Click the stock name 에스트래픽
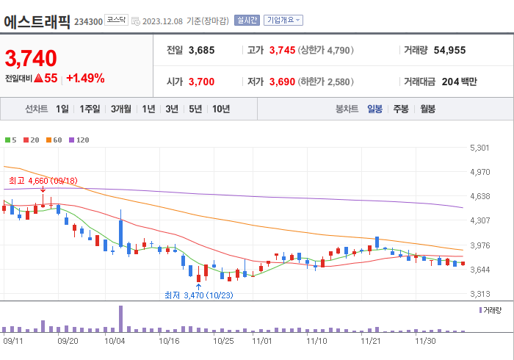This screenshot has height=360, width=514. [x=37, y=21]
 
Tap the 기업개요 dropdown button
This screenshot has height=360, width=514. [x=283, y=21]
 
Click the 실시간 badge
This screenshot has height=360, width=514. [x=247, y=21]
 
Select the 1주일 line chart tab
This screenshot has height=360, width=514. [x=90, y=109]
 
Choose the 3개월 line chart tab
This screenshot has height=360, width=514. [x=121, y=109]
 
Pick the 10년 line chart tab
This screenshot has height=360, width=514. [x=221, y=109]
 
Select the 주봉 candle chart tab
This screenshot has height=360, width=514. [x=401, y=109]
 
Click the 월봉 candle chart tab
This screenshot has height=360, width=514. [x=427, y=109]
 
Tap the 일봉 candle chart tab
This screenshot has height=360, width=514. [x=374, y=109]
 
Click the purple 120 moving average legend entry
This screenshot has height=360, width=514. [x=79, y=140]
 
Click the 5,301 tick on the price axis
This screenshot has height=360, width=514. [x=479, y=148]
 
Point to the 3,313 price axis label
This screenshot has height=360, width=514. [x=479, y=294]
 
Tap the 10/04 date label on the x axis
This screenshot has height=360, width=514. [x=115, y=341]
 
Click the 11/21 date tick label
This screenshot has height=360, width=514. [x=372, y=341]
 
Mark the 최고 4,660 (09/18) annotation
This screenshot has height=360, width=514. [x=43, y=180]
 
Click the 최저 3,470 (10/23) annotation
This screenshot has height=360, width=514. [x=198, y=295]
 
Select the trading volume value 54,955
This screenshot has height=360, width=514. [x=450, y=51]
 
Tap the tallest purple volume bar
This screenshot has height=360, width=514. [x=120, y=318]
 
